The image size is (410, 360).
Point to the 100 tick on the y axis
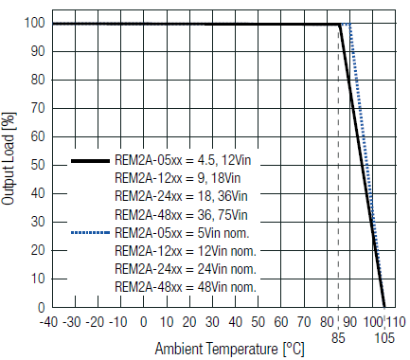pos(34,23)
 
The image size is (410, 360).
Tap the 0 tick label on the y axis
pos(41,307)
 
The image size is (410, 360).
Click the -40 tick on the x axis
pos(49,322)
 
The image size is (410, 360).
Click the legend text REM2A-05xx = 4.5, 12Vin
pos(182,161)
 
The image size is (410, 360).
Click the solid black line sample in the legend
pos(90,161)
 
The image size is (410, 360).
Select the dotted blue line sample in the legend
pos(90,232)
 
